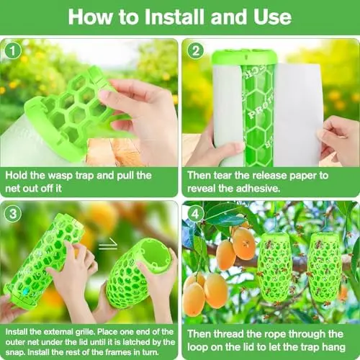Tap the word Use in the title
coord(273,17)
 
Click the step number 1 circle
coord(13,50)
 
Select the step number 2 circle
coord(196,50)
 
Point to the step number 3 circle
coord(13,213)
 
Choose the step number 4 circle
coord(196,213)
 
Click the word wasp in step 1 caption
coord(60,176)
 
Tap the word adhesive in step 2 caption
coord(258,189)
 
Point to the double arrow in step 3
coord(108,245)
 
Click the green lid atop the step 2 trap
coord(244,57)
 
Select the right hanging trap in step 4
coord(325,267)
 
